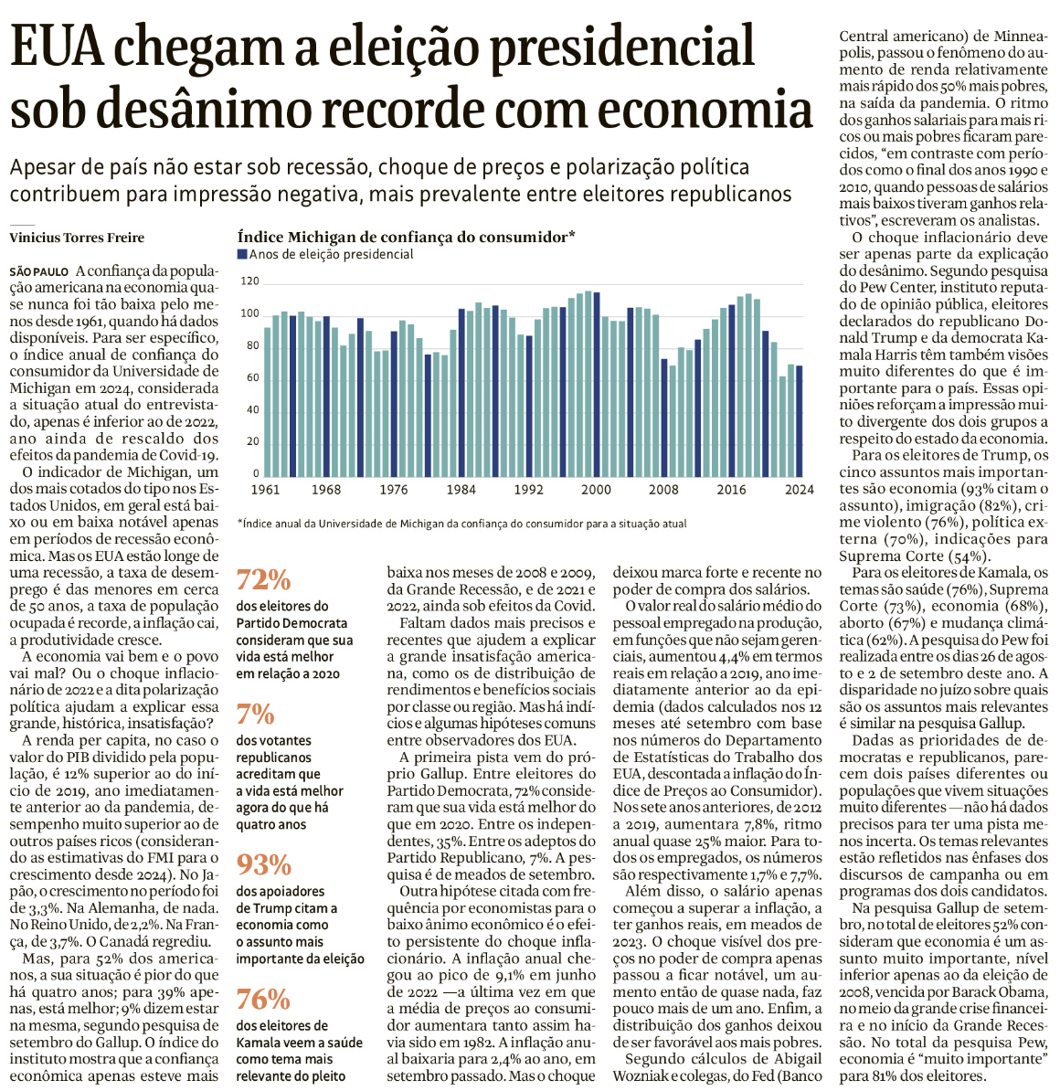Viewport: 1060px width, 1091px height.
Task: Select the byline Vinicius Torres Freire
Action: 77,238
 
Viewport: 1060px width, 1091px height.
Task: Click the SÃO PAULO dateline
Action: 40,272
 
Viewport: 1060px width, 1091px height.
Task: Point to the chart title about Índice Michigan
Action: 406,237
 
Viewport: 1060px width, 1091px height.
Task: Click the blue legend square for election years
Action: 242,255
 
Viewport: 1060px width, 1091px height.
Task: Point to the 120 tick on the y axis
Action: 249,282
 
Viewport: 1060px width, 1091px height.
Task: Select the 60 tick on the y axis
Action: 252,378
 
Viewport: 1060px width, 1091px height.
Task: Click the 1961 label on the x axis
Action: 266,490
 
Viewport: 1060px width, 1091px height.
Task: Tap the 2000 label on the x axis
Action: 597,490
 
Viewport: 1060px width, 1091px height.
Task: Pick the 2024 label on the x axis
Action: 799,490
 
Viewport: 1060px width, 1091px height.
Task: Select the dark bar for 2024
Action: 800,421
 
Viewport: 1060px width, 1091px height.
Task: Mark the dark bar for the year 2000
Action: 596,385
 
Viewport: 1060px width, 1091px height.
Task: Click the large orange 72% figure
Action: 264,580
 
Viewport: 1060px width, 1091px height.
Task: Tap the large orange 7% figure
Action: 256,714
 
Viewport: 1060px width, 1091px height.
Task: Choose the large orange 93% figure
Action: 264,864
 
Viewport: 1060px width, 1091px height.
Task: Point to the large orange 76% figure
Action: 264,999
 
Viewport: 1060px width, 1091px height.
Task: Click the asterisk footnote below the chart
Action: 461,524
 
